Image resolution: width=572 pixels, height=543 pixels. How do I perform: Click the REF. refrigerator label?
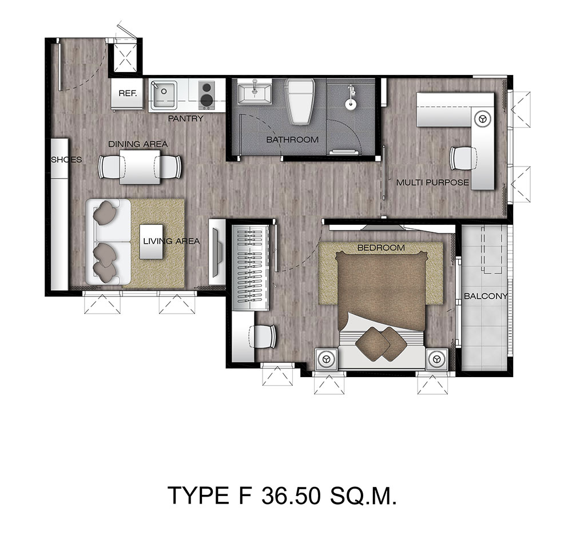128,93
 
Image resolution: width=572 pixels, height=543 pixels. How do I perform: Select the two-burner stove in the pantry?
206,95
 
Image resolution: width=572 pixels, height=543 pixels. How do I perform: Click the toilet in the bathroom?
300,101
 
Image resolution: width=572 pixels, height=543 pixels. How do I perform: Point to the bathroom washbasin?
255,94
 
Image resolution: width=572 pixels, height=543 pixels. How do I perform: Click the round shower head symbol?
351,104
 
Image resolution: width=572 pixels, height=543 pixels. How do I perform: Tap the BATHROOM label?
292,140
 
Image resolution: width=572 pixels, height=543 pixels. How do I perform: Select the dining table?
140,167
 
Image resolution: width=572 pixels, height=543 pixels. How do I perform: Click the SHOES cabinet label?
66,160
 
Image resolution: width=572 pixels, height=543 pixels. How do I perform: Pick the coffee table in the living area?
152,241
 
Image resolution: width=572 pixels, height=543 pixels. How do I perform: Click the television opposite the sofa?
217,252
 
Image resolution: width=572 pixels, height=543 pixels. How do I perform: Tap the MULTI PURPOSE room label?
432,182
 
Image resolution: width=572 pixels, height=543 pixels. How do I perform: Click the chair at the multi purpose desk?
463,158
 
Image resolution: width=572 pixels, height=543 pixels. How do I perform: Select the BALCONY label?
486,296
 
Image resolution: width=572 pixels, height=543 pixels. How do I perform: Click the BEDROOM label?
381,247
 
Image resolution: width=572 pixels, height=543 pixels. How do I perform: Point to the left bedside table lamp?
326,359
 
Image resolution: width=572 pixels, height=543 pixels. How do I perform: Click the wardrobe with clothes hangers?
251,268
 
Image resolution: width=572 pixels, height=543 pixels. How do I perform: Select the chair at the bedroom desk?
263,336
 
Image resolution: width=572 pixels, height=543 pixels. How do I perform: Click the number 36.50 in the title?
291,495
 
